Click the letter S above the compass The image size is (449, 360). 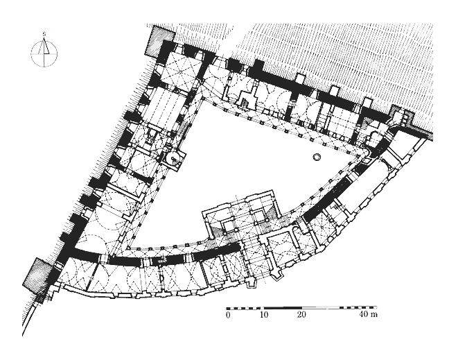tap(44, 34)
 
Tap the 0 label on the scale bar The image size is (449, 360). tap(228, 314)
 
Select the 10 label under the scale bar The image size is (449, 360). tap(264, 314)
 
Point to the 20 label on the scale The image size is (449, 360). tap(301, 314)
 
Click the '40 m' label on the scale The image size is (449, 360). tap(369, 314)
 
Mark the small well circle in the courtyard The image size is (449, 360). tap(317, 157)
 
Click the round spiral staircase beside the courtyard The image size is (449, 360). tap(173, 159)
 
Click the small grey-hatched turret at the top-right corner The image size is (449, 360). tap(402, 116)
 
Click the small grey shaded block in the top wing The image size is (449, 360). tap(244, 103)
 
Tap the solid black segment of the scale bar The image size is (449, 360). tap(282, 308)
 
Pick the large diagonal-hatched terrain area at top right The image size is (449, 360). tap(338, 58)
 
